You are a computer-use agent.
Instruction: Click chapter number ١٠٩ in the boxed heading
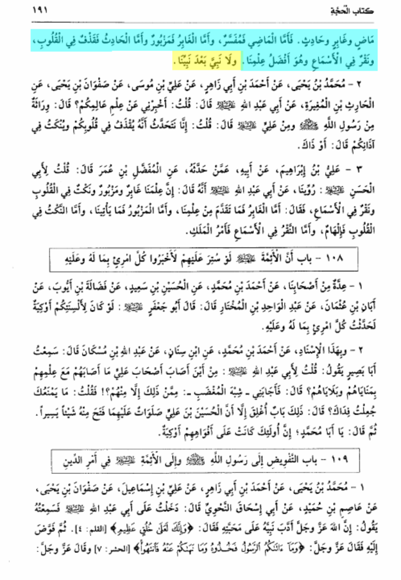point(339,460)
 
